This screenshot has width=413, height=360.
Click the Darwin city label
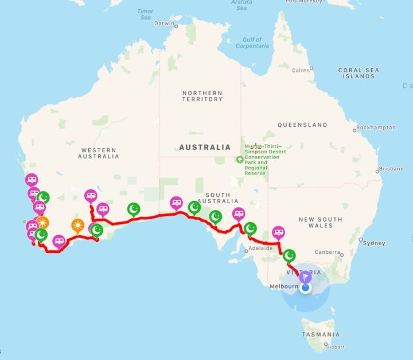coord(163,24)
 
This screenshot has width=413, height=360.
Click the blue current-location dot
coord(305,288)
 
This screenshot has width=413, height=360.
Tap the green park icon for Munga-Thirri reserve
coord(239,160)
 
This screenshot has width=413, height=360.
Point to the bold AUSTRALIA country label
coord(205,147)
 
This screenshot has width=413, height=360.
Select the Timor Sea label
coord(146,14)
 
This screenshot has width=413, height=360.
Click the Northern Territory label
coord(202,96)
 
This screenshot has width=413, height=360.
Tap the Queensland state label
coord(302,125)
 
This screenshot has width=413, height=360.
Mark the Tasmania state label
coord(320,334)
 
